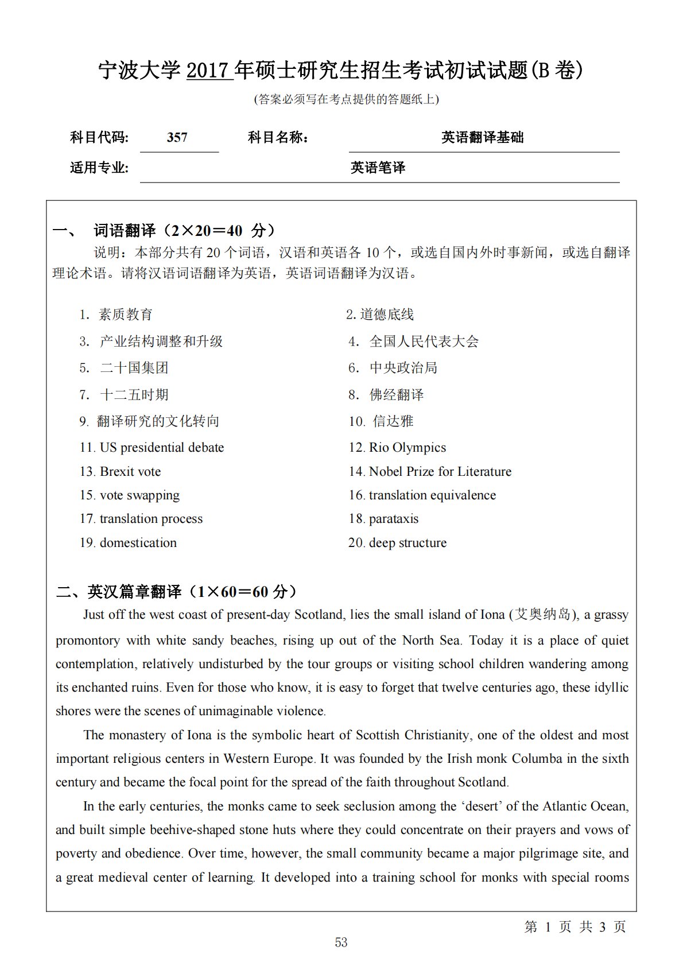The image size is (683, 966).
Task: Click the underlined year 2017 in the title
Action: tap(209, 71)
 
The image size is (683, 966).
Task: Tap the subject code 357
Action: tap(177, 138)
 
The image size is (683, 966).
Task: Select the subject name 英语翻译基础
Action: tap(482, 138)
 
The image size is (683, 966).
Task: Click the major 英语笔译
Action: tap(378, 168)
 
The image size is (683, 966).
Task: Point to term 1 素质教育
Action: tap(125, 315)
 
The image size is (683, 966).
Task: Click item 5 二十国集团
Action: tap(134, 368)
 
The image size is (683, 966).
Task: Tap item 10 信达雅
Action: tap(393, 421)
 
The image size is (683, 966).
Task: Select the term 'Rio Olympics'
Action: tap(408, 448)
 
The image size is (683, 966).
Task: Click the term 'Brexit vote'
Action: tap(130, 472)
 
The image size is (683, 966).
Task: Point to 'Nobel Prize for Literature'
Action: tap(440, 472)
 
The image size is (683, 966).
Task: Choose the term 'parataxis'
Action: tap(394, 519)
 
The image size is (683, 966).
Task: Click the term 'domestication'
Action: tap(138, 543)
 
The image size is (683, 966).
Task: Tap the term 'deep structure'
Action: tap(408, 543)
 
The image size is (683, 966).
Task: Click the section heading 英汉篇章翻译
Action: tap(134, 592)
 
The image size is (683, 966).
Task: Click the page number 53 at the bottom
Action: tap(341, 942)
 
